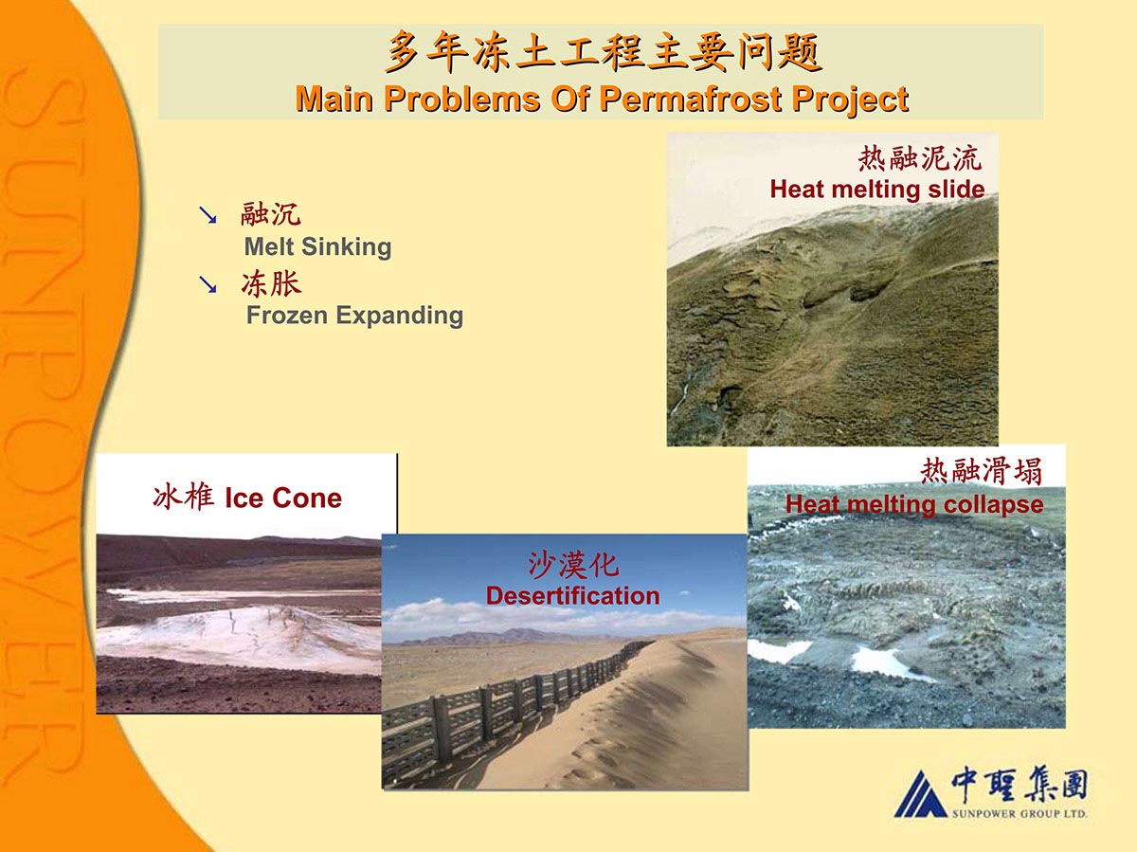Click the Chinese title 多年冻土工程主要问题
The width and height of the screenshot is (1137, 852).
click(x=603, y=52)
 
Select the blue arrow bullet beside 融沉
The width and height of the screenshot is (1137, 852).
click(x=208, y=215)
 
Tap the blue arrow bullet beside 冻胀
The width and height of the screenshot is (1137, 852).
click(x=208, y=283)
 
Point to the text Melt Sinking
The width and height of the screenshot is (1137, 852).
click(x=317, y=246)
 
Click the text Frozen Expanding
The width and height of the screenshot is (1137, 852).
click(x=354, y=316)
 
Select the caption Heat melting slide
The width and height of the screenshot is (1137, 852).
click(x=877, y=189)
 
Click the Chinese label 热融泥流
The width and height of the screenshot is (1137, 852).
click(x=920, y=158)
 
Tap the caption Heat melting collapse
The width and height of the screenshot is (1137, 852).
click(x=914, y=504)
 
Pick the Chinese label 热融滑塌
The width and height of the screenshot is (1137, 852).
click(x=981, y=471)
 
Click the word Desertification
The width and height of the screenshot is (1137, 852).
click(x=573, y=595)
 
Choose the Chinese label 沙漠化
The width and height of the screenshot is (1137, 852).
click(x=573, y=565)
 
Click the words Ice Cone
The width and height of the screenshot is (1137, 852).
click(x=283, y=498)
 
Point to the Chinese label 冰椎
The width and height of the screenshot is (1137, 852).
click(x=184, y=497)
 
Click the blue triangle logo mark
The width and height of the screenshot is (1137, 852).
click(x=921, y=794)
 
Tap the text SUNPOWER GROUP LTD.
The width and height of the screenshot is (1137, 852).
click(x=1020, y=814)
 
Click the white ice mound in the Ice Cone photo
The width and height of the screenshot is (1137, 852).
click(x=244, y=637)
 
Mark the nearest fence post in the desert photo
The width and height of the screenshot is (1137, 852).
click(x=442, y=731)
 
